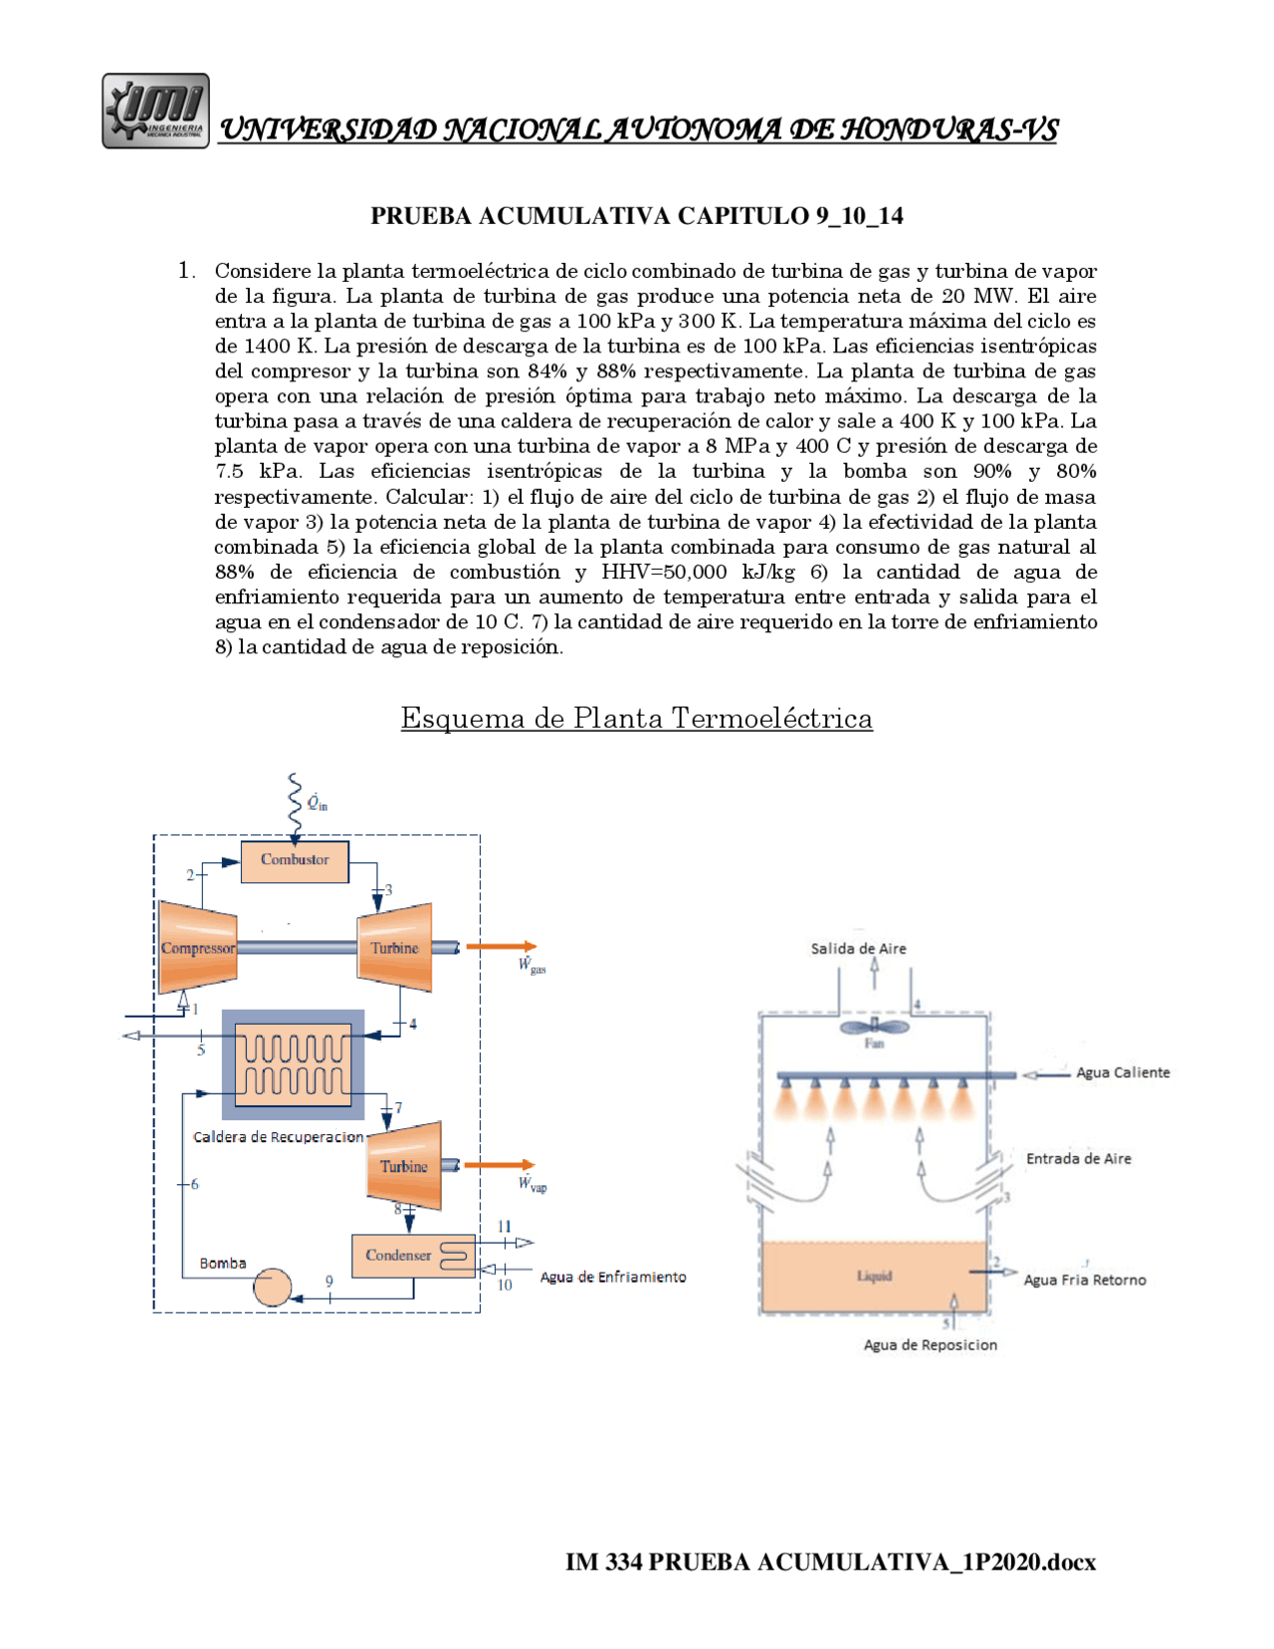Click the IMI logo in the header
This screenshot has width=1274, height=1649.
[x=155, y=111]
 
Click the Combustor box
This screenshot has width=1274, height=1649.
[x=295, y=860]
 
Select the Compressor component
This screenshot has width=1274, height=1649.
[x=197, y=947]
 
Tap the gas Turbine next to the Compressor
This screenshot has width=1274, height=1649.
[x=395, y=947]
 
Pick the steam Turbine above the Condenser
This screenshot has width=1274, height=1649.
[x=404, y=1165]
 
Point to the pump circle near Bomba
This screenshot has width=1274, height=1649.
[x=272, y=1287]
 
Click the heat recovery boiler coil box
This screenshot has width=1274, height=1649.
[x=293, y=1064]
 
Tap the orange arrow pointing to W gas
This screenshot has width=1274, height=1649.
[x=502, y=947]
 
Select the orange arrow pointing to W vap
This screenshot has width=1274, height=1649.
[x=500, y=1165]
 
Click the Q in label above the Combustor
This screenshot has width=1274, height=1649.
[x=317, y=803]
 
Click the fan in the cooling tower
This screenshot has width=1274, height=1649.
[x=874, y=1027]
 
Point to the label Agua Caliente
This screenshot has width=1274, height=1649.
[x=1123, y=1072]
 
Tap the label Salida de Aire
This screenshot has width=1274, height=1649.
[x=858, y=949]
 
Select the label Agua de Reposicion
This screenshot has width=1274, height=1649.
[x=930, y=1345]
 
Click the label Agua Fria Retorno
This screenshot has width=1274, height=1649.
[x=1085, y=1281]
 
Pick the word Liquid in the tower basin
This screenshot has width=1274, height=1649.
[x=874, y=1277]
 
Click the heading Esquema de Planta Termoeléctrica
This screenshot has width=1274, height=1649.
[x=637, y=718]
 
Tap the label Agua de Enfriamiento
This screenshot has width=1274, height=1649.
[x=613, y=1278]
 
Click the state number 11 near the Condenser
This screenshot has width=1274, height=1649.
[x=505, y=1227]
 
